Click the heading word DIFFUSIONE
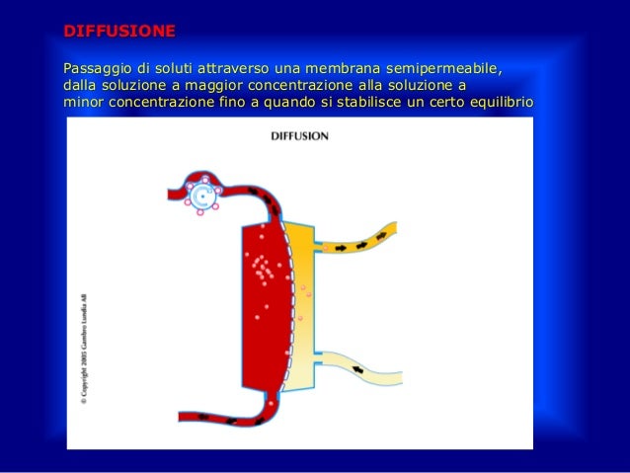118,31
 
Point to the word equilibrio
500,103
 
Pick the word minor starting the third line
82,103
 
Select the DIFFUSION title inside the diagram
299,136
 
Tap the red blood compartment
262,306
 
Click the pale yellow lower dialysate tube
365,368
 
